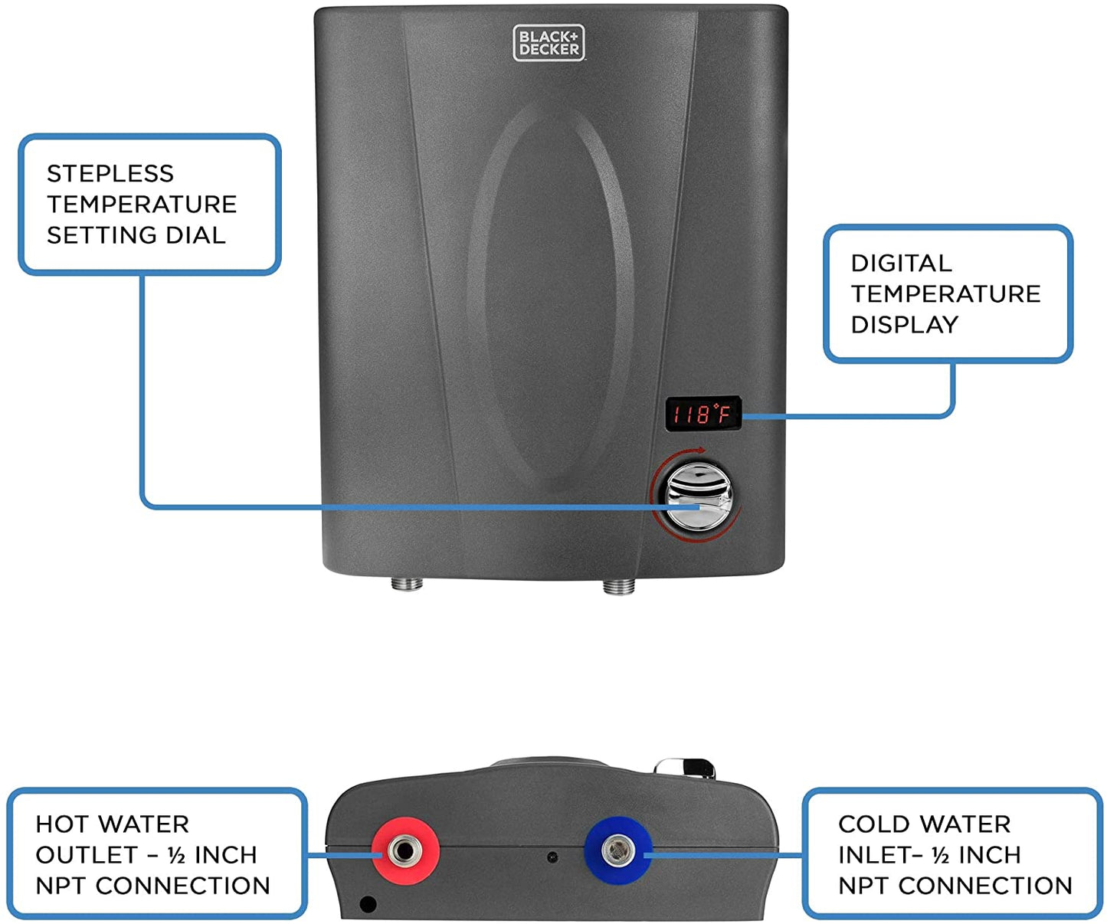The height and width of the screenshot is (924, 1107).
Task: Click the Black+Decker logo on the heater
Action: tap(549, 43)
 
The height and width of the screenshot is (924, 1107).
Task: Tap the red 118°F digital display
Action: tap(703, 414)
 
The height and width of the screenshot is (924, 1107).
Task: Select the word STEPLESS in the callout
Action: tap(110, 174)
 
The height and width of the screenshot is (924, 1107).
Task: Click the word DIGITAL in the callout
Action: tap(901, 264)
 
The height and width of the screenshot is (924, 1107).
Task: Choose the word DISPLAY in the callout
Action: tap(904, 325)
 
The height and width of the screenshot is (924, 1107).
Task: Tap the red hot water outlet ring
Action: tap(405, 850)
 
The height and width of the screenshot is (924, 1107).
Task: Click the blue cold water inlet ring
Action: tap(617, 850)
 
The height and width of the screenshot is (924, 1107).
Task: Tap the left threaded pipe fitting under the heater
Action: tap(407, 584)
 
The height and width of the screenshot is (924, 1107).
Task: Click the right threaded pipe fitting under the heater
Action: tap(618, 587)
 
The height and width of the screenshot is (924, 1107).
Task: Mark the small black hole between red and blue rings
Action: tap(552, 857)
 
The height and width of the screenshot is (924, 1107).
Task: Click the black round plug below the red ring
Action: tap(368, 904)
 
